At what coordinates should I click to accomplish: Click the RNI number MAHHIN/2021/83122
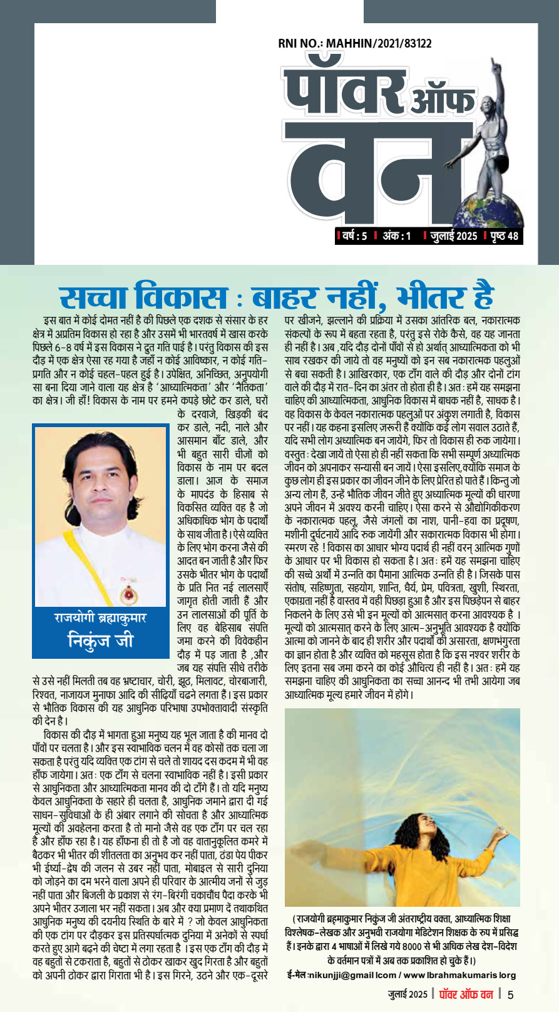[x=354, y=44]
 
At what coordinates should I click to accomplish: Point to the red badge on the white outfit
[x=129, y=592]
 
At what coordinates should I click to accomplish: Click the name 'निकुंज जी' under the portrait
[x=100, y=641]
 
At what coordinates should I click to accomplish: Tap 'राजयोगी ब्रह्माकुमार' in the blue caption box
[x=100, y=617]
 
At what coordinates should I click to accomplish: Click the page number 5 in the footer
[x=511, y=994]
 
